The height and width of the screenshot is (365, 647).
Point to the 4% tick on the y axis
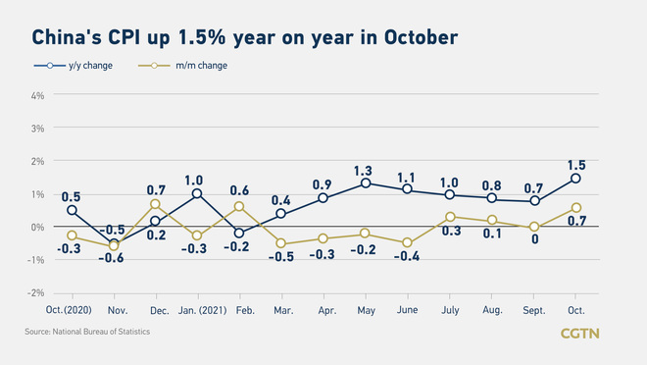pyautogui.click(x=37, y=95)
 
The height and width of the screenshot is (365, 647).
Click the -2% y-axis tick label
pyautogui.click(x=36, y=292)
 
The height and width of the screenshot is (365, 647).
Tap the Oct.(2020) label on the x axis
pyautogui.click(x=72, y=310)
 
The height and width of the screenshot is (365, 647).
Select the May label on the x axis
pyautogui.click(x=366, y=310)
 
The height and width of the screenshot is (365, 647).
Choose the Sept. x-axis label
pyautogui.click(x=533, y=310)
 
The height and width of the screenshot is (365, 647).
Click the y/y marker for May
pyautogui.click(x=366, y=183)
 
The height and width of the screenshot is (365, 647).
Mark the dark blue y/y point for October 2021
pyautogui.click(x=575, y=178)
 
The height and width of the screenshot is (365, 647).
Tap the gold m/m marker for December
pyautogui.click(x=155, y=204)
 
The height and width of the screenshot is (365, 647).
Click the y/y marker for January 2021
pyautogui.click(x=197, y=193)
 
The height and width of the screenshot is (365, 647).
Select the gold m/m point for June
pyautogui.click(x=407, y=242)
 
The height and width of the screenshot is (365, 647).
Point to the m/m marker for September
pyautogui.click(x=533, y=227)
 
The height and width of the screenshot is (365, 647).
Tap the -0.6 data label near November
pyautogui.click(x=115, y=258)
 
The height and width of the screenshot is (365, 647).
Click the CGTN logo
pyautogui.click(x=579, y=334)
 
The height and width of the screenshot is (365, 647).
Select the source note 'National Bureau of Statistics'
pyautogui.click(x=88, y=333)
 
